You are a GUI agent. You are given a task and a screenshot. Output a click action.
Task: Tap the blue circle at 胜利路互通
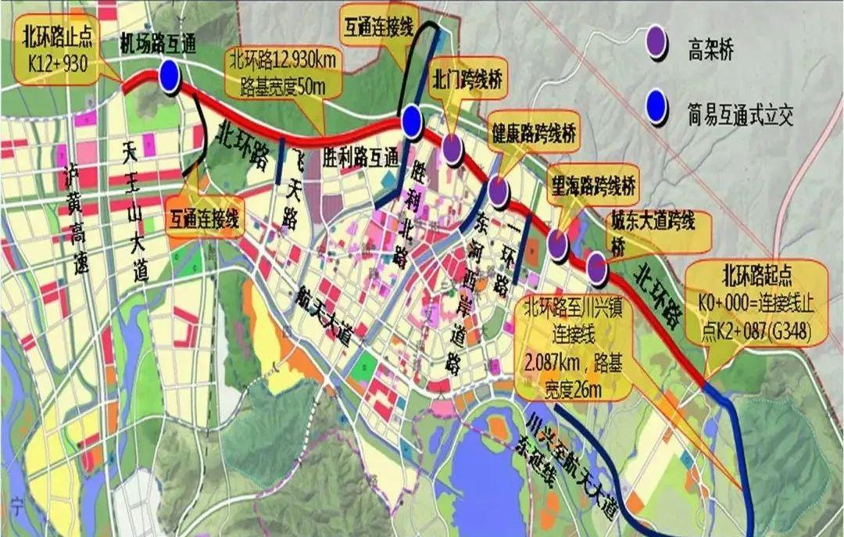click(x=412, y=121)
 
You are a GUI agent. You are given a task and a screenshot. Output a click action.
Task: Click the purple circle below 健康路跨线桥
click(x=499, y=189)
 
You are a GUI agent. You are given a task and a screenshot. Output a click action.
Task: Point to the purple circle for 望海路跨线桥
click(x=558, y=243)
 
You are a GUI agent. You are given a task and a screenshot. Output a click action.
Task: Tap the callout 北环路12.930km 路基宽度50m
click(x=276, y=71)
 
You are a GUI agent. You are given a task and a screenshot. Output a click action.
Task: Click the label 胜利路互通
click(x=359, y=159)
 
